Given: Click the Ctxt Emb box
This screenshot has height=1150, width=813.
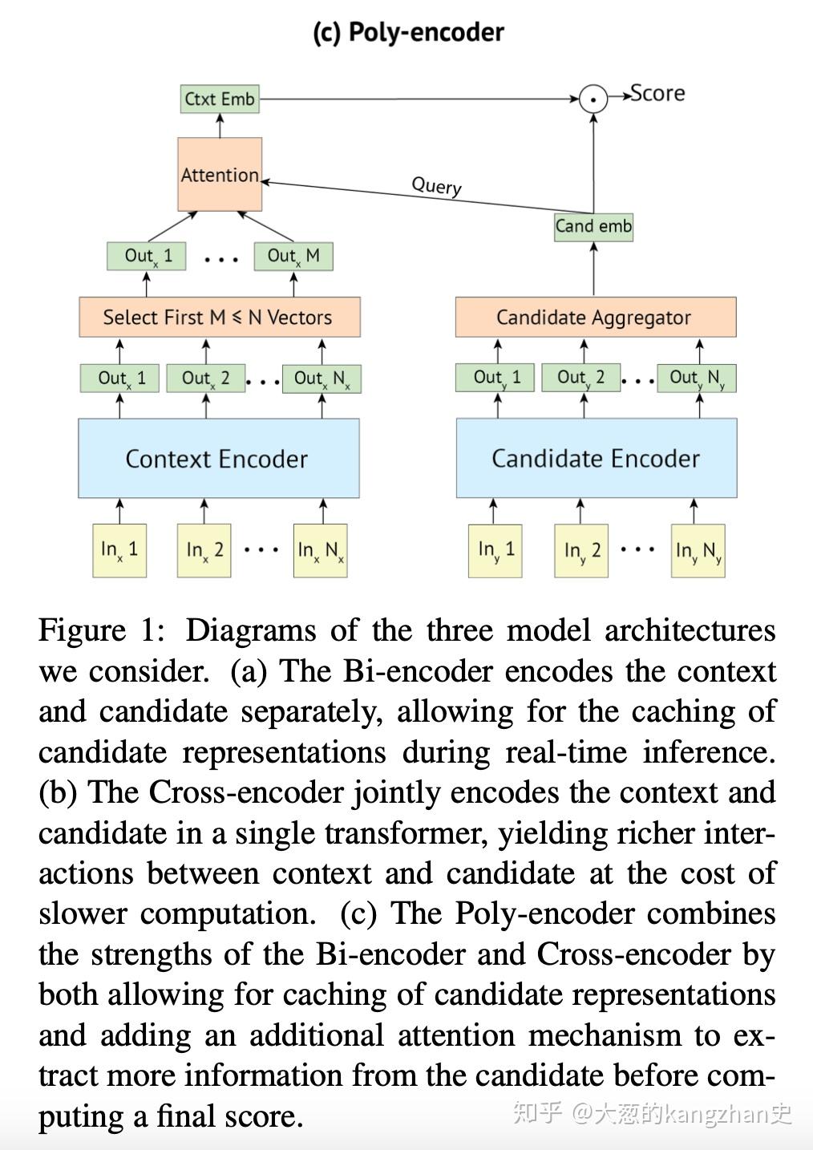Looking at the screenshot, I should tap(220, 99).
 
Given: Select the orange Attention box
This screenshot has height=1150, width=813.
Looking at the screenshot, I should tap(220, 175).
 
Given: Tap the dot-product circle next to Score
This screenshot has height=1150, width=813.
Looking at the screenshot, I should tap(593, 99).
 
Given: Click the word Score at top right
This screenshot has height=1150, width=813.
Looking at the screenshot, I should tap(657, 94).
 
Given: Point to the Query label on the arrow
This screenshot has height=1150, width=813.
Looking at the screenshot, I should tap(436, 185).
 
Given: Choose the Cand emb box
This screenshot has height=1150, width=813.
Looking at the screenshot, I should tap(593, 226).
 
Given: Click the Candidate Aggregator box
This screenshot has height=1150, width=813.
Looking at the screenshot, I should tap(595, 318).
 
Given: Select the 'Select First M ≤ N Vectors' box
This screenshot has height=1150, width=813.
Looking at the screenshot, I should tap(219, 318).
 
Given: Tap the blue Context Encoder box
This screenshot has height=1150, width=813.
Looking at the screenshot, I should tap(218, 459).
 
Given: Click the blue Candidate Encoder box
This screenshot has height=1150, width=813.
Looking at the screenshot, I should tap(596, 459).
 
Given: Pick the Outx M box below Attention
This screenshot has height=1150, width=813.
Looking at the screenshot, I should tap(293, 256).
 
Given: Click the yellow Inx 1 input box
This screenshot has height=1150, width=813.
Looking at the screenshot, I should tap(119, 550).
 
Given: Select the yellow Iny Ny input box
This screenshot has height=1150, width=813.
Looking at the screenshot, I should tap(698, 551).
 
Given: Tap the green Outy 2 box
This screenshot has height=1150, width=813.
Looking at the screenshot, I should tap(580, 378).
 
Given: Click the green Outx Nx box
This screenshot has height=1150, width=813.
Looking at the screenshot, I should tap(322, 379).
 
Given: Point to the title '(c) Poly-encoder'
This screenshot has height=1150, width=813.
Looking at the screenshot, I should tap(408, 32).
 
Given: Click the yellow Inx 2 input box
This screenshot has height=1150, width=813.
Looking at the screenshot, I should tap(204, 550).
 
